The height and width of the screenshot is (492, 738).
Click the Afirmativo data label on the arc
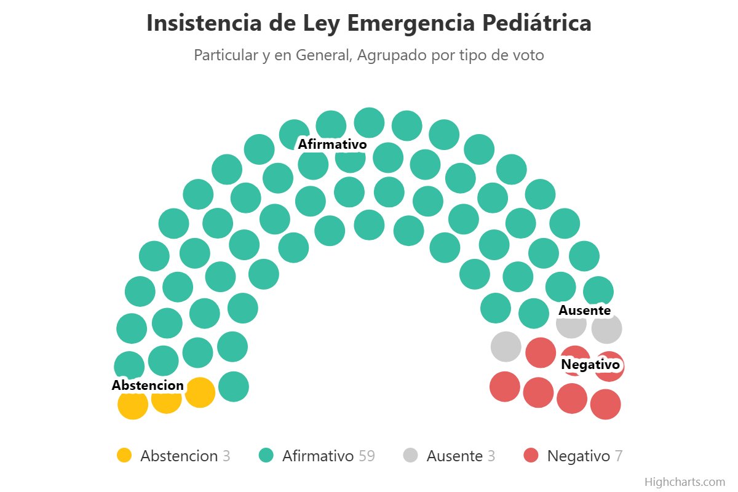[x=332, y=145]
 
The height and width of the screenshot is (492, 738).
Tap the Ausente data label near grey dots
[x=584, y=311]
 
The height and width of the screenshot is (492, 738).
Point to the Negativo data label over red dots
[x=590, y=365]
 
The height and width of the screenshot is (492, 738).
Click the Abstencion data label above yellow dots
[x=148, y=386]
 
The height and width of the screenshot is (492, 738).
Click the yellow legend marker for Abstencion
[x=124, y=456]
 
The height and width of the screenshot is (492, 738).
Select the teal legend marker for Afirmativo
[x=266, y=456]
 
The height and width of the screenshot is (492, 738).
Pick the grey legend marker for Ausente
[x=410, y=456]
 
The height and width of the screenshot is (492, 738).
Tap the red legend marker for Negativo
[x=531, y=456]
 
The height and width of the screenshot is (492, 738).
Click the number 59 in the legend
[x=367, y=456]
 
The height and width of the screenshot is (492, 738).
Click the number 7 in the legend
[x=619, y=456]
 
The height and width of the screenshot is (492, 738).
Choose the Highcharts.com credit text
[x=684, y=482]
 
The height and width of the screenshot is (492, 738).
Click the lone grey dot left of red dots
[x=506, y=346]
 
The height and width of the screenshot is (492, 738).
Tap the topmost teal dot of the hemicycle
[x=369, y=122]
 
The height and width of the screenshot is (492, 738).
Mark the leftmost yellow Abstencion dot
[x=133, y=405]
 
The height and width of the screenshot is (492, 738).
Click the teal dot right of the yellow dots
[x=233, y=387]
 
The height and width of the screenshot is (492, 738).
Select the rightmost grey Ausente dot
[x=607, y=328]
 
